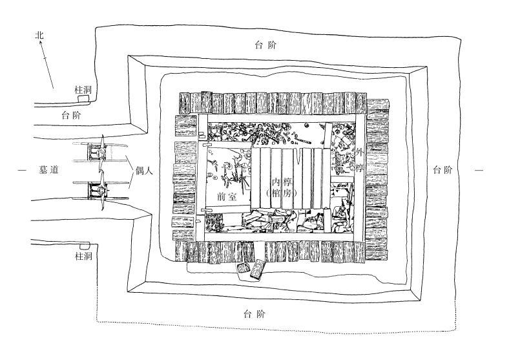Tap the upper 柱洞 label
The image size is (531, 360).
82,91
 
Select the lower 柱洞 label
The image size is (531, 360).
82,257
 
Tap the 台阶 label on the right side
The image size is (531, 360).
443,170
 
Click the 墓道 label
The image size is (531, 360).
48,170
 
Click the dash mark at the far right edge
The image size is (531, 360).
479,170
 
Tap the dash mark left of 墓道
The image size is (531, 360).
22,170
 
